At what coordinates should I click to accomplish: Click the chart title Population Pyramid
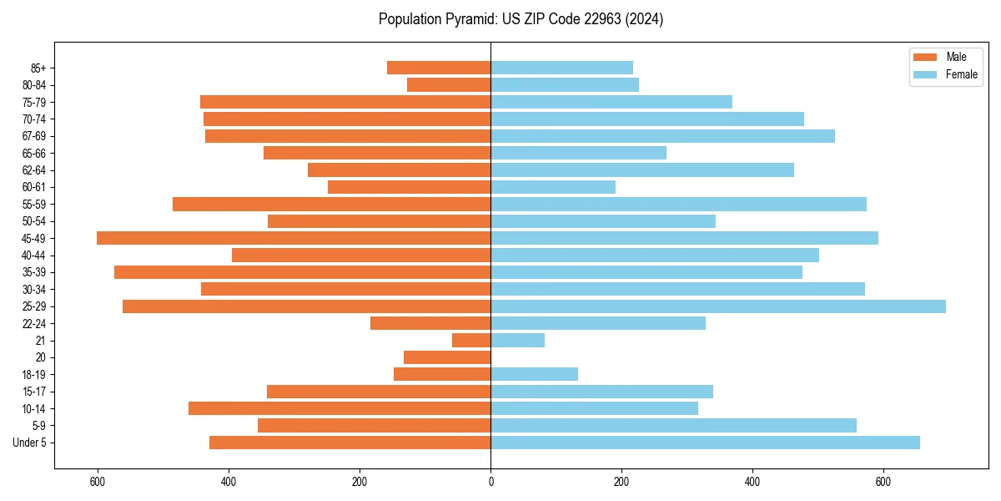coord(521,19)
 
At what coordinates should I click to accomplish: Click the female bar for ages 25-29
coord(717,306)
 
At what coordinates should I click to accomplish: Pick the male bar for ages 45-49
coord(294,238)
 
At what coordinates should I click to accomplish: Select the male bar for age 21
coord(471,341)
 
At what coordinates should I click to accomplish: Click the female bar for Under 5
coord(705,443)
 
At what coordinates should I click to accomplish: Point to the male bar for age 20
coord(447,357)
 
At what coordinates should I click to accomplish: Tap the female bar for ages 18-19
coord(534,374)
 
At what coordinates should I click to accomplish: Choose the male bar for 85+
coord(439,68)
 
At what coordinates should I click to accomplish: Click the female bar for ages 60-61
coord(553,187)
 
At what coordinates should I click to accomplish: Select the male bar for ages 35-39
coord(302,272)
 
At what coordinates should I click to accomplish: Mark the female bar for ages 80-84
coord(565,84)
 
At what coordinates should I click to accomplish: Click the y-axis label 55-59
coord(34,205)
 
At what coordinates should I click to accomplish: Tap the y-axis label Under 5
coord(29,443)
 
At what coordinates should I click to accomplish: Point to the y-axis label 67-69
coord(34,136)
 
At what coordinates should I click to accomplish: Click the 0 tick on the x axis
coord(490,482)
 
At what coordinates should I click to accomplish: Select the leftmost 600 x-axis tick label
coord(98,482)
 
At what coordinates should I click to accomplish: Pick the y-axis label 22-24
coord(34,324)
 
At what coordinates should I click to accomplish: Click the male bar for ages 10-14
coord(340,408)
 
